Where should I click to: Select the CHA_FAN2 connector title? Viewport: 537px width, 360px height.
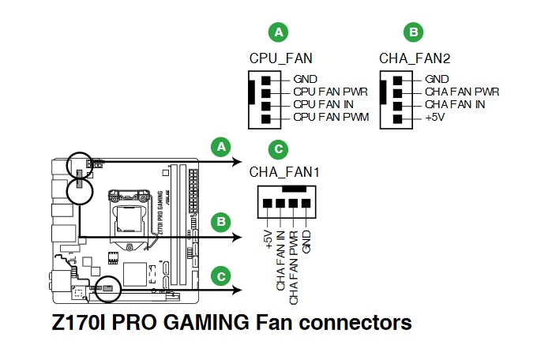(x=414, y=58)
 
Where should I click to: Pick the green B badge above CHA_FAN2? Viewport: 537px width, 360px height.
(x=413, y=32)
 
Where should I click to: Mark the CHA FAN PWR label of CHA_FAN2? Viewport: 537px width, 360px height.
(x=462, y=92)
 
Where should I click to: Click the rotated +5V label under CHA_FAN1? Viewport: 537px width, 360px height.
(x=268, y=240)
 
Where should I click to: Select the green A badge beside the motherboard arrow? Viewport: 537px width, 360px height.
(x=221, y=146)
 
